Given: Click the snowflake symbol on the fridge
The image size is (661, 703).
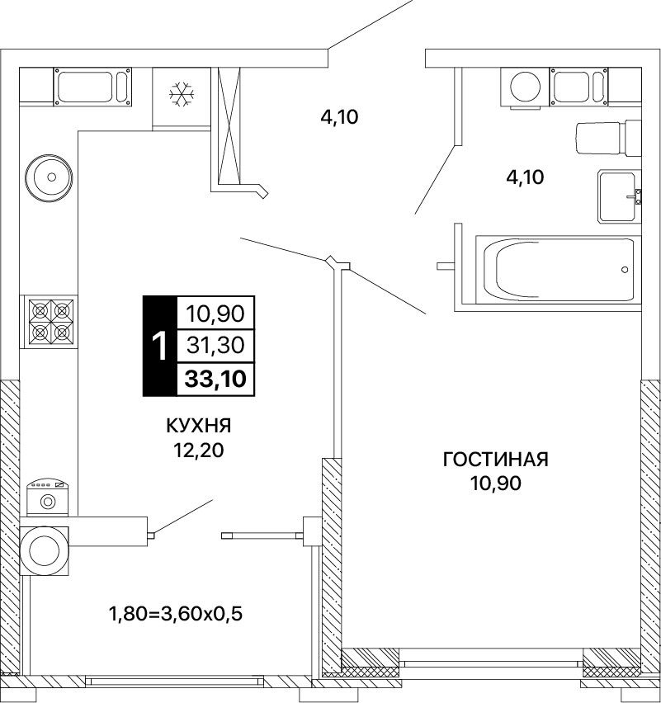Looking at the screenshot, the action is point(182,95).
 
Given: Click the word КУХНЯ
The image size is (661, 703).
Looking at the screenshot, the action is point(199,426).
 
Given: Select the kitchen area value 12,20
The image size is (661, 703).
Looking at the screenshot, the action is point(199,451).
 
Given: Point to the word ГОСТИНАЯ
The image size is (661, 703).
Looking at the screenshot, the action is point(495,459).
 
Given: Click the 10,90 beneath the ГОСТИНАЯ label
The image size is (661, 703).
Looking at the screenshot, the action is point(495,484).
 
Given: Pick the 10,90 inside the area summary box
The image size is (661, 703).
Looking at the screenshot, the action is point(215,314).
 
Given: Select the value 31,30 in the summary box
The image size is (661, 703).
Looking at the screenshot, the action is point(215,345).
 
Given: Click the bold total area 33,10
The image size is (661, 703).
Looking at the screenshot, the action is point(215,379).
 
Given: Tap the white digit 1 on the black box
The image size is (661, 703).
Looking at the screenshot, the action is point(159,346).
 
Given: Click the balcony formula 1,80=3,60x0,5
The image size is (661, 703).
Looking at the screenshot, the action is point(176,613).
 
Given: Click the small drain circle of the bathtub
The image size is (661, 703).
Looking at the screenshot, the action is point(625,270).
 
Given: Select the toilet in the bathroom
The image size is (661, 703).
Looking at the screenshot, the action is point(608,138).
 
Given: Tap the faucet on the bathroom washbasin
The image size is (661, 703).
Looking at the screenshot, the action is point(636,196).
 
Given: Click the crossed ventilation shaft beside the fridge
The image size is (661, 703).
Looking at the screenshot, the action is point(229,126).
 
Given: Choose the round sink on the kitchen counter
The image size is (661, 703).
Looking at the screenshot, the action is point(49,177).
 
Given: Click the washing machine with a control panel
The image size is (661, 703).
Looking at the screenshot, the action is point(48,498).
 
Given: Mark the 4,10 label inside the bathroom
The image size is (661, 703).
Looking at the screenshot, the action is point(525,177).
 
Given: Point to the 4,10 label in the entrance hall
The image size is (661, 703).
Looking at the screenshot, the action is point(339,117).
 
